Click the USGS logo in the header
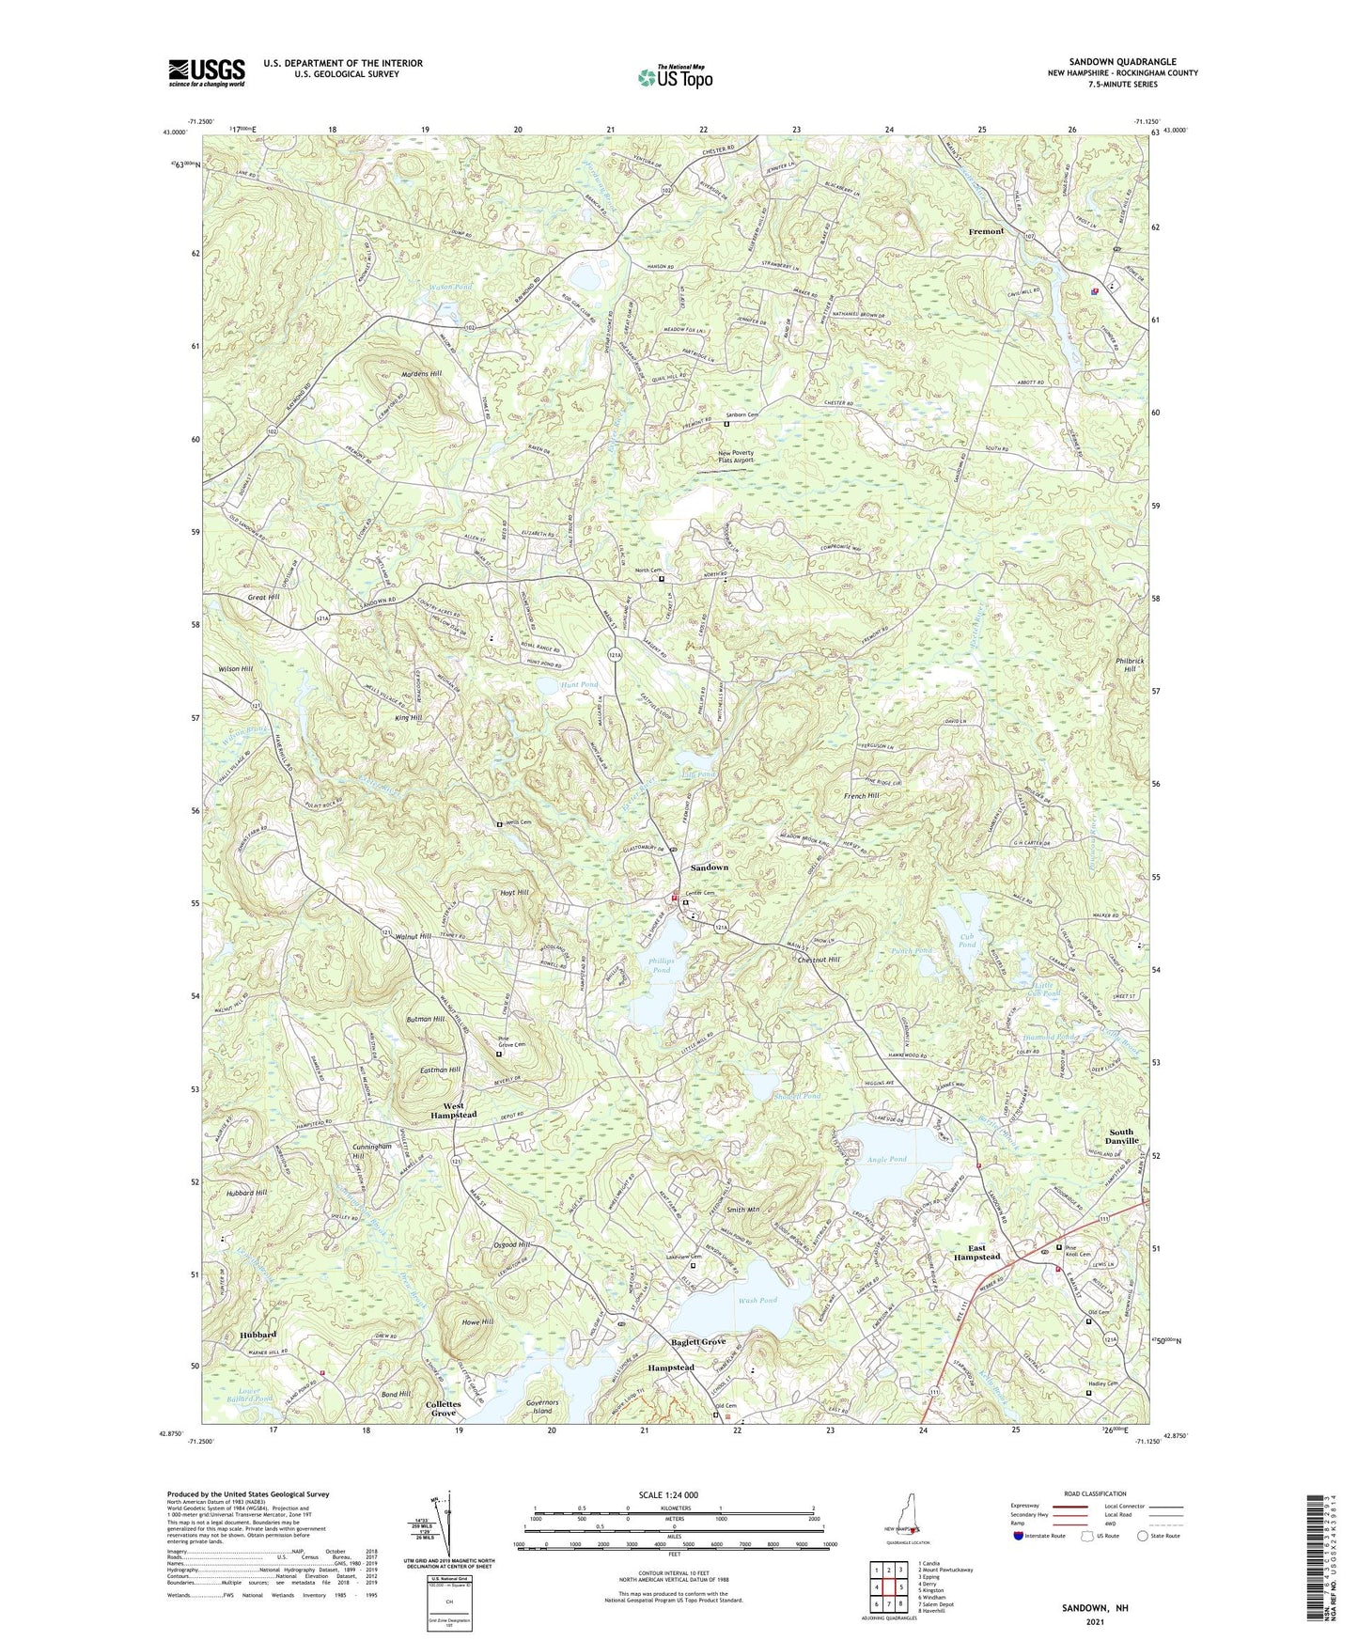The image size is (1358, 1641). pos(207,71)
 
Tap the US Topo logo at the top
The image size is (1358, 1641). pos(674,76)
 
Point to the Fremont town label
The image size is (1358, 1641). pos(987,231)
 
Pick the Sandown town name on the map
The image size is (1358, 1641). pos(709,867)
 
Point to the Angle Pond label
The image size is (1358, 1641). pos(887,1160)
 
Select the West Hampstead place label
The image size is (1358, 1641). pos(453,1110)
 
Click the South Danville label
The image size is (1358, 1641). pos(1120,1137)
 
